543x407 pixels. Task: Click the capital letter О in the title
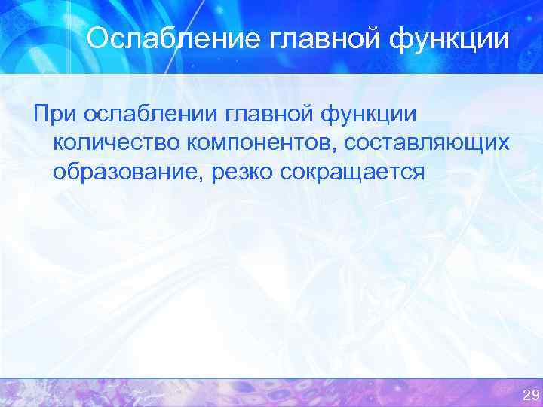pyautogui.click(x=96, y=38)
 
